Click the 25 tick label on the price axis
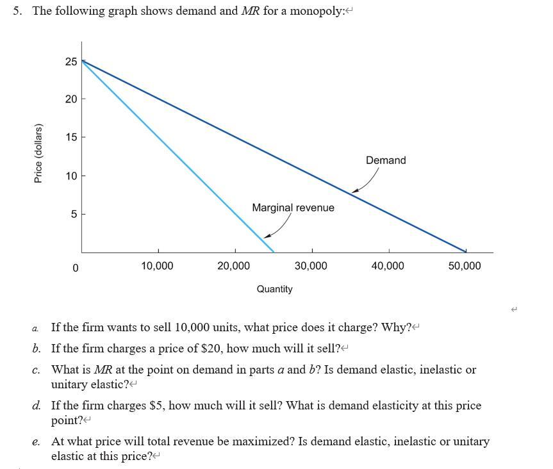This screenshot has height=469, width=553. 71,62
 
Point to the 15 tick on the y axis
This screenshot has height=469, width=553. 71,137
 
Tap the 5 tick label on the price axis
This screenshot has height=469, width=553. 74,214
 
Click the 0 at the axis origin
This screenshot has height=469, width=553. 75,267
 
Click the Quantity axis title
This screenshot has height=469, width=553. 274,289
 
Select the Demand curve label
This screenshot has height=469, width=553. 386,160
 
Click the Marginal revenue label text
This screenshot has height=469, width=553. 293,208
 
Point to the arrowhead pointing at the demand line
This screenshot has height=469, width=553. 354,190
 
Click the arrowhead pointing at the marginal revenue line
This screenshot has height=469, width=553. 266,236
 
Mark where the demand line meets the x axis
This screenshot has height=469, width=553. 466,252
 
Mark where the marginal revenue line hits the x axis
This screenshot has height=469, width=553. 274,252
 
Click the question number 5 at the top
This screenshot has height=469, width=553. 18,12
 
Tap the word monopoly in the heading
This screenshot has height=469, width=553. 312,12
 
